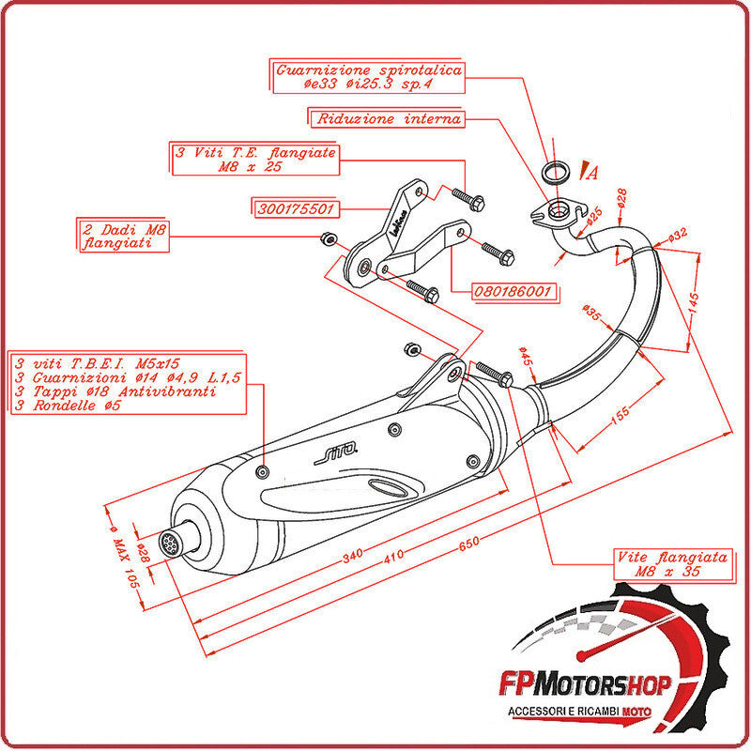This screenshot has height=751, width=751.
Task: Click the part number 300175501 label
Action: tap(295, 208)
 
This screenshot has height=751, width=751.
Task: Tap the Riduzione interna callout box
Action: tap(389, 119)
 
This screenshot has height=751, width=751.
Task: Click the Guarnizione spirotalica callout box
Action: tap(370, 77)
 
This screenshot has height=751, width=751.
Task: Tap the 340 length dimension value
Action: tap(352, 556)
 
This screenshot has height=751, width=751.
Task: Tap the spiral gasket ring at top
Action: tap(558, 172)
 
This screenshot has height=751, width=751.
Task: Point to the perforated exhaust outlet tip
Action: tap(171, 543)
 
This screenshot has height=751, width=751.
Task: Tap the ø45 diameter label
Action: tap(525, 358)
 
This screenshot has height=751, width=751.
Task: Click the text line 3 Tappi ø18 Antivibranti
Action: tap(116, 391)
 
